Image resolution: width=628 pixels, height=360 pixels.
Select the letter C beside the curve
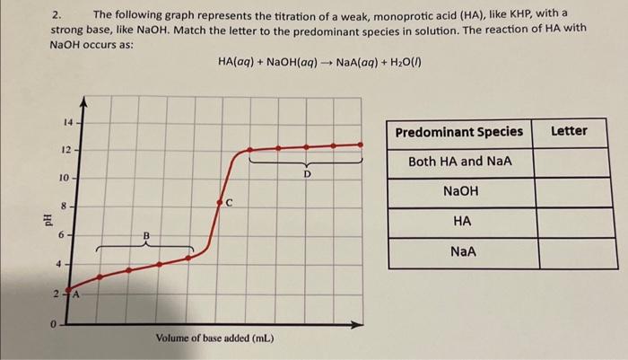(x=230, y=202)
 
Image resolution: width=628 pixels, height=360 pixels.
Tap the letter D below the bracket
(x=307, y=174)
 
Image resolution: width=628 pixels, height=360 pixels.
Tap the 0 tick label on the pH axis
(x=56, y=323)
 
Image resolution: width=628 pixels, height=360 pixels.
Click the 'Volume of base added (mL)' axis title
(x=214, y=339)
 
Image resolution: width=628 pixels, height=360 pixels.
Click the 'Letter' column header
(x=569, y=132)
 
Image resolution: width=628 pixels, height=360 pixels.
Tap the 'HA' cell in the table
(x=461, y=222)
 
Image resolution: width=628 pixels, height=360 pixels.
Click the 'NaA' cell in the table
(x=461, y=252)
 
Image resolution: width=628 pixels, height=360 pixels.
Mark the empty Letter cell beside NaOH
(x=569, y=192)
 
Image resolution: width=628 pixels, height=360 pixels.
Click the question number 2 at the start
(x=56, y=15)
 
